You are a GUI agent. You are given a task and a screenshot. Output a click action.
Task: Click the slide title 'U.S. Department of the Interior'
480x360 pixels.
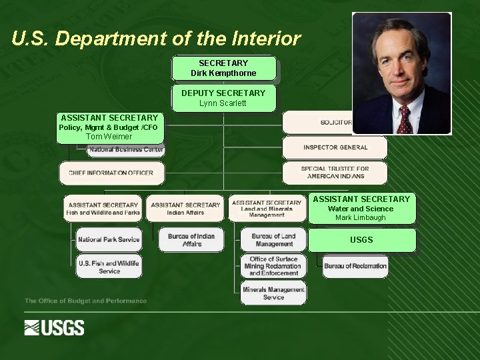pyautogui.click(x=156, y=39)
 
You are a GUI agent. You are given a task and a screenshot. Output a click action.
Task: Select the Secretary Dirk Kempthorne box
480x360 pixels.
pyautogui.click(x=223, y=68)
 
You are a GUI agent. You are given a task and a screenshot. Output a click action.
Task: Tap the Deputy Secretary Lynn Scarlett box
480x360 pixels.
pyautogui.click(x=223, y=98)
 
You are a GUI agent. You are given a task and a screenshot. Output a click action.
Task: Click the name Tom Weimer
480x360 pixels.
pyautogui.click(x=109, y=137)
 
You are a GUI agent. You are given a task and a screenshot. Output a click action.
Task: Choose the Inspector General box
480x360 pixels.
pyautogui.click(x=335, y=147)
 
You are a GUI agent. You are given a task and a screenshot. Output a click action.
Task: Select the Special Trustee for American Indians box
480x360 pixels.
pyautogui.click(x=335, y=173)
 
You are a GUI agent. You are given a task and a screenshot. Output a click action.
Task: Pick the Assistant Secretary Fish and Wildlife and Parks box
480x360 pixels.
pyautogui.click(x=103, y=209)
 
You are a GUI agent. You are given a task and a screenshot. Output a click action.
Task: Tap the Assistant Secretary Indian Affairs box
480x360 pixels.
pyautogui.click(x=185, y=209)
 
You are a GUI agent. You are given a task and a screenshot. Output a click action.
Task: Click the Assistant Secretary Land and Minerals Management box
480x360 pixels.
pyautogui.click(x=267, y=209)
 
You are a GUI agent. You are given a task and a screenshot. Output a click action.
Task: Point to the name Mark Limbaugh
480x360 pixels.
pyautogui.click(x=361, y=218)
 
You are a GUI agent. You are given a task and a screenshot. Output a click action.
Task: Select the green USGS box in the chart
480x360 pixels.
pyautogui.click(x=361, y=240)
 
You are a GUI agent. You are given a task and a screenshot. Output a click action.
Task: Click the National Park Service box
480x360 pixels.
pyautogui.click(x=109, y=239)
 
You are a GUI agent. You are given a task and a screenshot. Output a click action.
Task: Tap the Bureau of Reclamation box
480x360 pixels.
pyautogui.click(x=355, y=266)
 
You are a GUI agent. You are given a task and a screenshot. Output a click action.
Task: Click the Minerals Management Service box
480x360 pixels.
pyautogui.click(x=273, y=293)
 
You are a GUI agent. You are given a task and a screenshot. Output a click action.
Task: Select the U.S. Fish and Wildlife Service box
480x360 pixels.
pyautogui.click(x=109, y=267)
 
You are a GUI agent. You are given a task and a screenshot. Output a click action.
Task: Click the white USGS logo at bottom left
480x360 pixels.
pyautogui.click(x=55, y=327)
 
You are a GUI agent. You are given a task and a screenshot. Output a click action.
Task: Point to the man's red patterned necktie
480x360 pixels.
pyautogui.click(x=404, y=119)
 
